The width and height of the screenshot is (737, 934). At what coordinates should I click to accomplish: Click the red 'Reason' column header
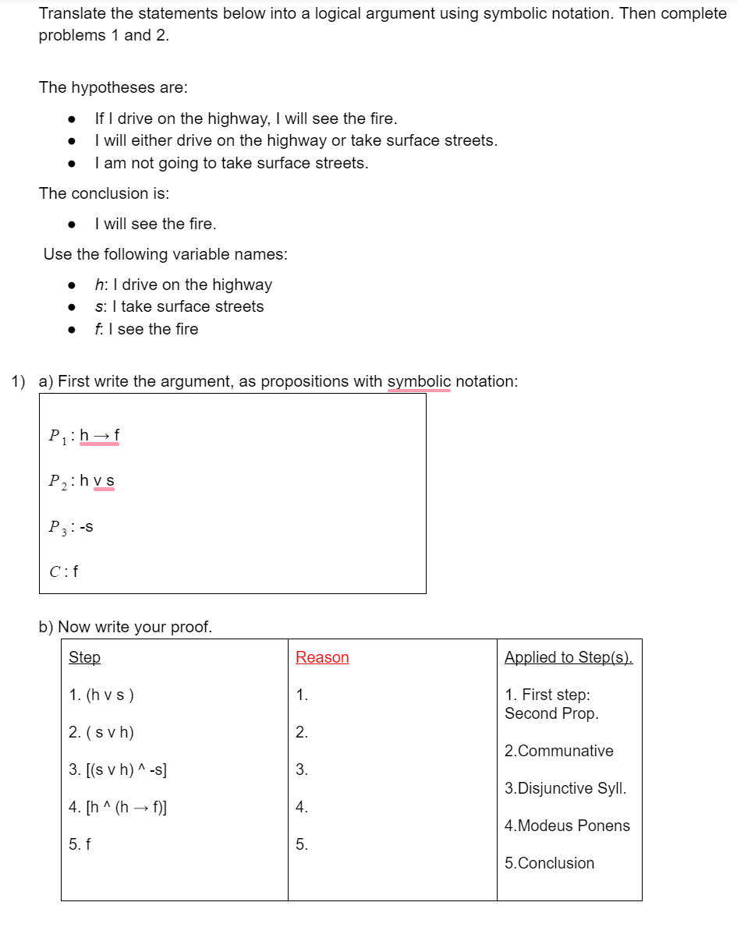click(322, 657)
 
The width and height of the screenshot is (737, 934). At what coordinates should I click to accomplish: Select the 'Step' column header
click(84, 657)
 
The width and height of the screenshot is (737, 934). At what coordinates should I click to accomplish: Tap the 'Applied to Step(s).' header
click(569, 657)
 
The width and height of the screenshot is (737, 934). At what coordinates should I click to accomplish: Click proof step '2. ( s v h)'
click(101, 732)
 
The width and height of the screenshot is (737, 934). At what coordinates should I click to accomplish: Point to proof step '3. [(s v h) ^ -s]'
click(118, 769)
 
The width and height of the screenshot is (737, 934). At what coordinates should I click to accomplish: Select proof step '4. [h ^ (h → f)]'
click(118, 807)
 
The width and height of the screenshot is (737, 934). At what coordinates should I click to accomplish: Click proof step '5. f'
click(80, 844)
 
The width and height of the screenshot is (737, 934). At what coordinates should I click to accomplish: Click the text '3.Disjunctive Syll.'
click(565, 788)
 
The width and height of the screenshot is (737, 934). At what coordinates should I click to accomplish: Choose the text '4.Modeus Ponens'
click(567, 826)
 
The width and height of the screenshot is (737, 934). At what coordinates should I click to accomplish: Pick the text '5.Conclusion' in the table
click(549, 863)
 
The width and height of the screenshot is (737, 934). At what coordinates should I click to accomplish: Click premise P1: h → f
click(84, 436)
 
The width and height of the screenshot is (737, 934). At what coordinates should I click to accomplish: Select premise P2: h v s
click(82, 481)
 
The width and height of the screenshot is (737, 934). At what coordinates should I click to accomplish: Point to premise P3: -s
click(71, 526)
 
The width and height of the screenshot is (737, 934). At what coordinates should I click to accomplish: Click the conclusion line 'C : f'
click(64, 571)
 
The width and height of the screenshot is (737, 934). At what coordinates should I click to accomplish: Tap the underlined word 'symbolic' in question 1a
click(419, 381)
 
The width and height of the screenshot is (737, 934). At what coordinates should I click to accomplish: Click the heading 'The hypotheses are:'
click(113, 87)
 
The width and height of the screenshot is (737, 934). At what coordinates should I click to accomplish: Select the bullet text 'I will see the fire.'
click(155, 224)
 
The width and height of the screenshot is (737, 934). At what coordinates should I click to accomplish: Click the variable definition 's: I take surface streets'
click(179, 306)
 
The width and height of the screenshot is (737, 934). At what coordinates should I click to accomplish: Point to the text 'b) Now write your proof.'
click(126, 627)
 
